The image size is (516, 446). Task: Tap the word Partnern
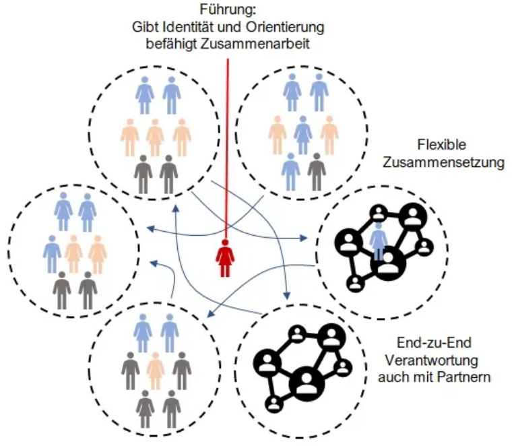point(465,376)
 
